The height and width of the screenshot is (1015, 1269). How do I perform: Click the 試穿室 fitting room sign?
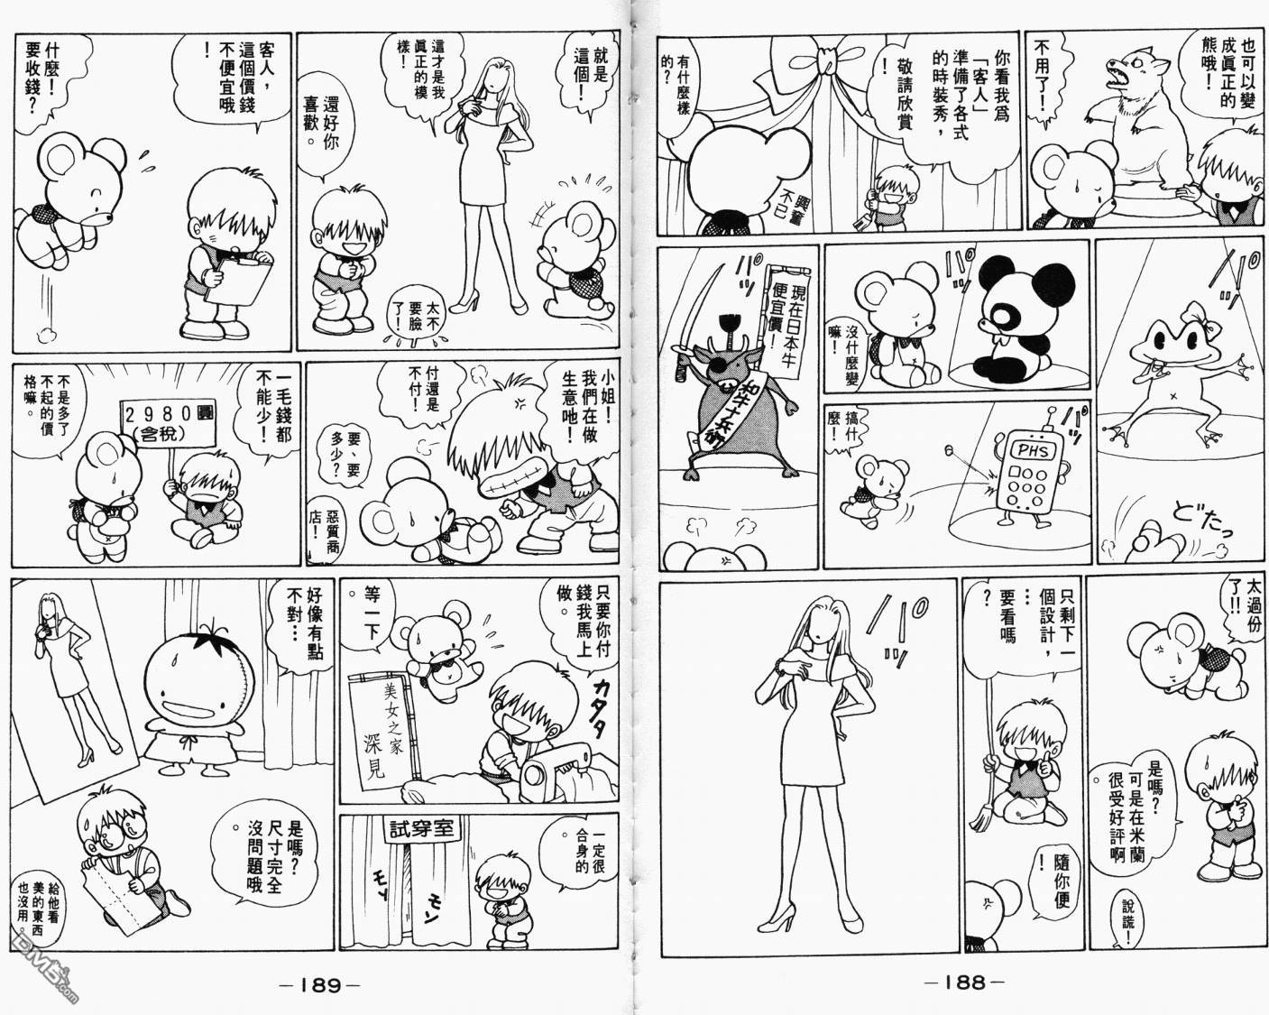pos(421,829)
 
